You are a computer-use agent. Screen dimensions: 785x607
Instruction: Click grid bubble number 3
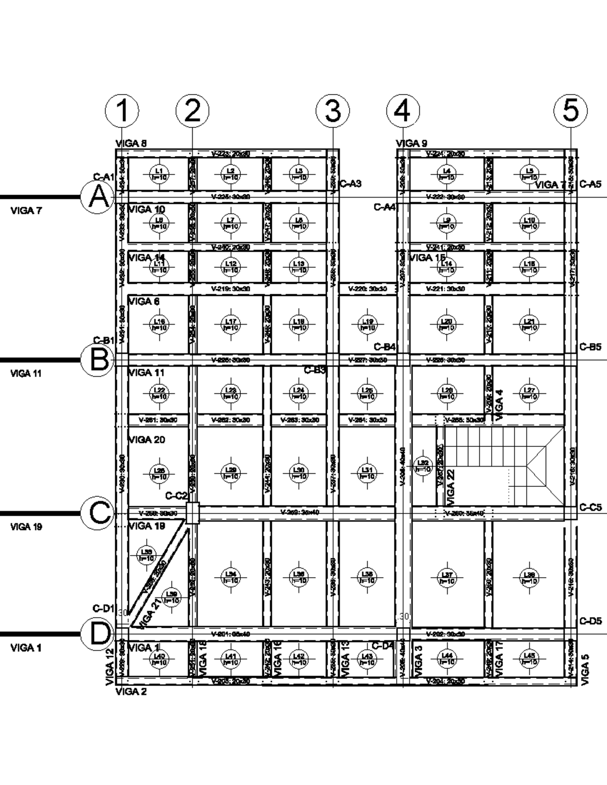tap(332, 111)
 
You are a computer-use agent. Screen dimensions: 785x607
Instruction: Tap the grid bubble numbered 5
tap(570, 111)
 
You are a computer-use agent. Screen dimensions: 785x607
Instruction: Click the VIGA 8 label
tap(132, 144)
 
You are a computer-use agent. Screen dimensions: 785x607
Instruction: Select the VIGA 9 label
tap(411, 144)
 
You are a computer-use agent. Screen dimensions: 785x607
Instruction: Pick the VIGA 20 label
tap(146, 440)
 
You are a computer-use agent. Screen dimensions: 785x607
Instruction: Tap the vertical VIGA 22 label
tap(451, 488)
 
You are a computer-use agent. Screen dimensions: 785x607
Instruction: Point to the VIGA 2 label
tap(131, 692)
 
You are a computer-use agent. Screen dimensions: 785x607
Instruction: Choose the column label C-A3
tap(350, 183)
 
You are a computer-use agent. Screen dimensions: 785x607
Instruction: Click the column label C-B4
tap(384, 347)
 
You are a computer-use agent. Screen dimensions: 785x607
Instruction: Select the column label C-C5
tap(590, 507)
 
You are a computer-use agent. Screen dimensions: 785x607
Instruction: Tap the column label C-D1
tap(104, 608)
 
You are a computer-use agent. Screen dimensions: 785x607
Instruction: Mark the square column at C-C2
tap(192, 514)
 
